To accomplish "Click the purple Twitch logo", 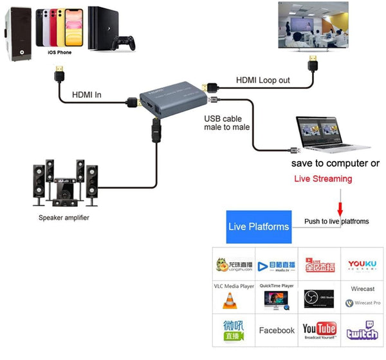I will pos(362,330).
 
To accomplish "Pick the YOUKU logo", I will pos(362,264).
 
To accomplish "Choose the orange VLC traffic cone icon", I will pos(229,300).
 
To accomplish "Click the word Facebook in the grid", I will pos(277,331).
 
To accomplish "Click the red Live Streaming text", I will pos(322,178).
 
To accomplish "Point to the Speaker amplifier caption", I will pos(64,218).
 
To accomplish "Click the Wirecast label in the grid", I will pos(363,289).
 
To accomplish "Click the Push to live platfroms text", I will pos(336,221).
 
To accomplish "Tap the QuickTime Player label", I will pos(277,285).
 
